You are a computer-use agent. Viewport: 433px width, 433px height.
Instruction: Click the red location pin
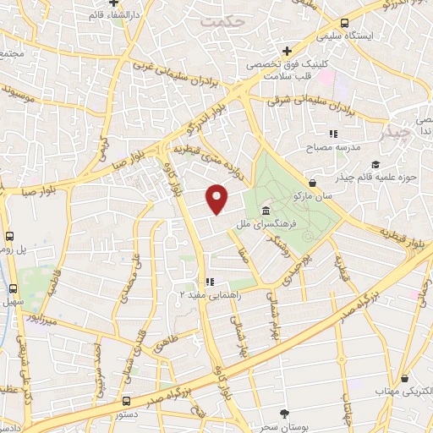pyautogui.click(x=217, y=199)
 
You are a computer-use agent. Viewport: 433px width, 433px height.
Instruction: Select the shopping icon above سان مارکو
pyautogui.click(x=313, y=182)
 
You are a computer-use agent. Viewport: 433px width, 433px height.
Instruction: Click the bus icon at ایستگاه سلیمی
pyautogui.click(x=344, y=24)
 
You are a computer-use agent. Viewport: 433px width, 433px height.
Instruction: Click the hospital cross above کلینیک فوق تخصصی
pyautogui.click(x=288, y=51)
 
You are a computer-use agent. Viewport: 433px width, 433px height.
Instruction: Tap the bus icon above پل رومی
pyautogui.click(x=11, y=238)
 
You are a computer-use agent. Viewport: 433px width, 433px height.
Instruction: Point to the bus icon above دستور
pyautogui.click(x=126, y=401)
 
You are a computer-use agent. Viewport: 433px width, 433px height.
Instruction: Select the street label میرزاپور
pyautogui.click(x=41, y=321)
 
